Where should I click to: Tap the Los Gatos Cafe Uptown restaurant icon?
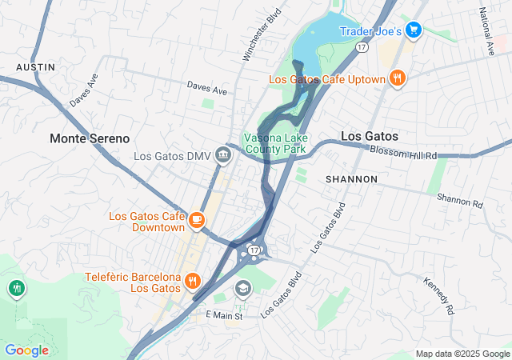[397, 78]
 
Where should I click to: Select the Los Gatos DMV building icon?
[223, 156]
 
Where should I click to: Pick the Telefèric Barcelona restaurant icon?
[192, 281]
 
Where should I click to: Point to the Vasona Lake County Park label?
[275, 143]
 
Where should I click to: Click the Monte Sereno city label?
[89, 138]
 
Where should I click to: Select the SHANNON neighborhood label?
[351, 179]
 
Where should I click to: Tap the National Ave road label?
[486, 31]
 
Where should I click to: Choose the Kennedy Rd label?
[440, 294]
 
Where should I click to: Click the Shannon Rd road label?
[460, 200]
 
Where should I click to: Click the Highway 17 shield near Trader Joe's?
[362, 49]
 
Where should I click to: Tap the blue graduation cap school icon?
[242, 287]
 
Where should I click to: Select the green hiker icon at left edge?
[15, 287]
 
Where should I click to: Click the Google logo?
[26, 350]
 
